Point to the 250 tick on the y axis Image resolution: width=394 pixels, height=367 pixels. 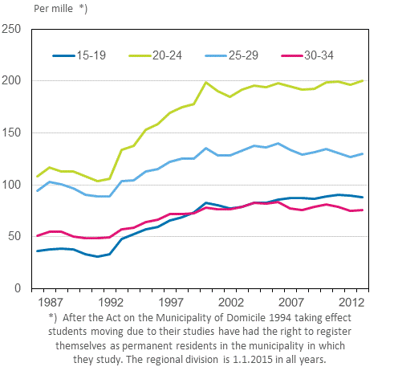click(x=12, y=30)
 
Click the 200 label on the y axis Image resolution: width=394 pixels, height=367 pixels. click(x=12, y=81)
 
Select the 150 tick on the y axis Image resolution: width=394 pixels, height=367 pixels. click(x=12, y=133)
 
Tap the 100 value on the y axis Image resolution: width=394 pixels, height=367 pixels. click(x=12, y=185)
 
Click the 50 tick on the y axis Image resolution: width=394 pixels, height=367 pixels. click(x=14, y=236)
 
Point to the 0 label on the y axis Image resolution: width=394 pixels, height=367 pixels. click(x=18, y=287)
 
